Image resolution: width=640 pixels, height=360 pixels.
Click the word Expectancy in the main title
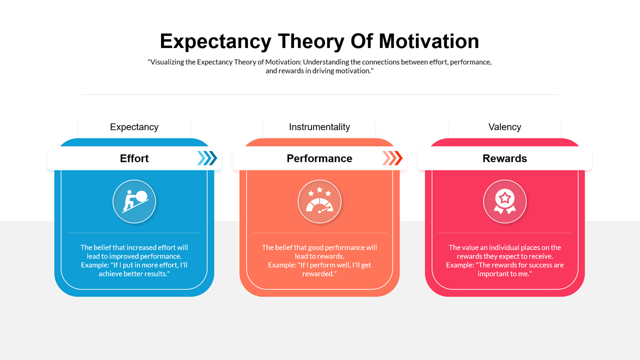(215, 41)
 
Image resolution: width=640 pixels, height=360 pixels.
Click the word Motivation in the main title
(429, 41)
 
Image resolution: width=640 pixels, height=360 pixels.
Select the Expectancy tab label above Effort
(134, 127)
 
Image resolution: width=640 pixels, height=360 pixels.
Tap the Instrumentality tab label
(319, 127)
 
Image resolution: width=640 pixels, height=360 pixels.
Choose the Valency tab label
(504, 127)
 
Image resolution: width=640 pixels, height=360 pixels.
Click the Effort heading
(134, 158)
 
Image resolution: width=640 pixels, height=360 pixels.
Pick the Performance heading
(319, 158)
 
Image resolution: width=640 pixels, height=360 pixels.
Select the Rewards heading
(504, 158)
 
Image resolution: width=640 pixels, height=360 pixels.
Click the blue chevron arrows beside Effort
(207, 158)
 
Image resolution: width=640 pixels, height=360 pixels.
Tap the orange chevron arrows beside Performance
(392, 158)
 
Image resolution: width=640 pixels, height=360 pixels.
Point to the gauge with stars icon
(319, 201)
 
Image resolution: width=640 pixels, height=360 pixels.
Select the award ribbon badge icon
(504, 201)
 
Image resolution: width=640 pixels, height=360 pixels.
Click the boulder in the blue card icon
(141, 195)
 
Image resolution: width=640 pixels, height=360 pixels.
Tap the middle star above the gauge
(319, 189)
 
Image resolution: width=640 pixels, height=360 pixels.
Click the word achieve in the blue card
(110, 274)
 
